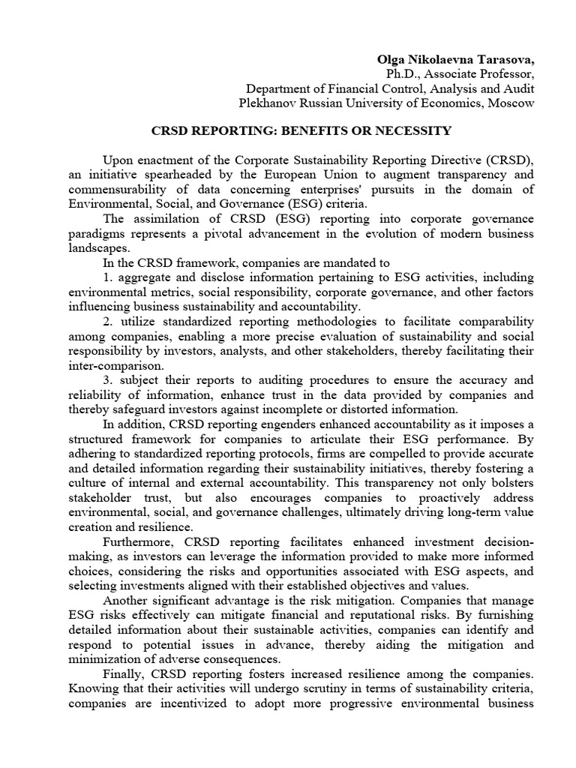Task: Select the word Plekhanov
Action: point(266,103)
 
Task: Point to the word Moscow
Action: point(511,103)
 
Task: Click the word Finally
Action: point(123,673)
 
